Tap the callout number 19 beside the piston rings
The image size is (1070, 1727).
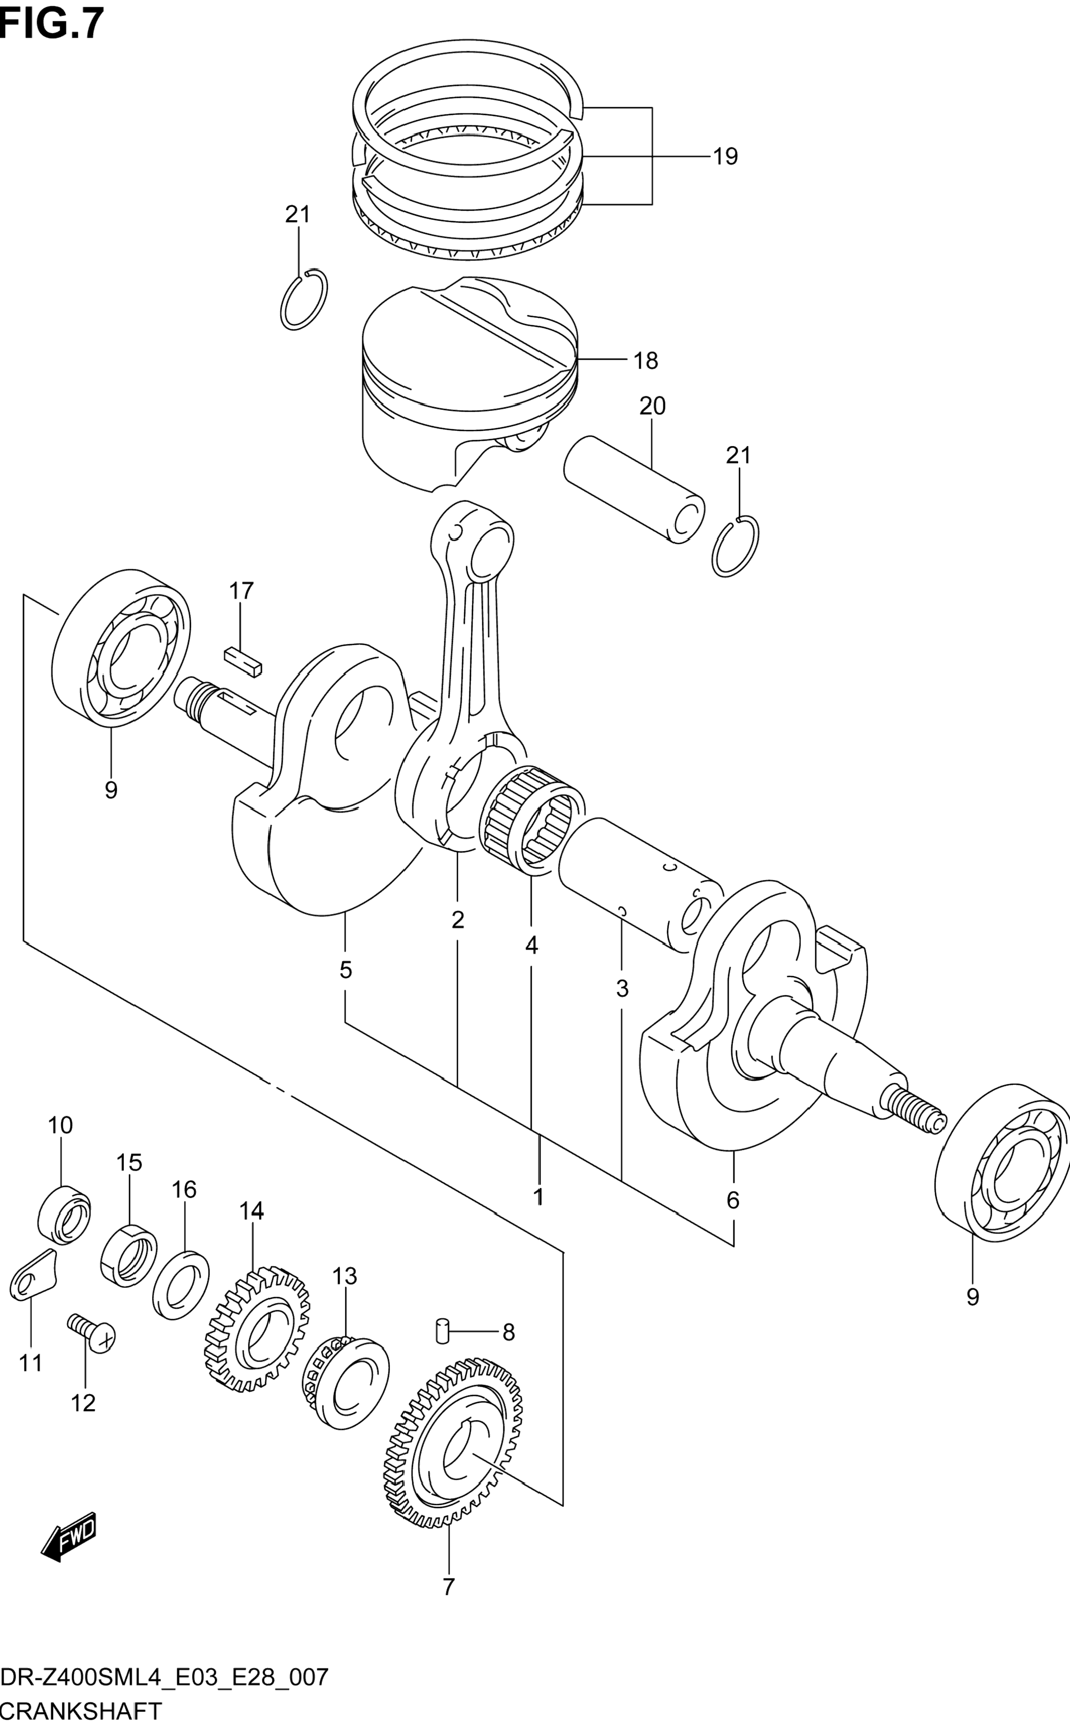(x=726, y=156)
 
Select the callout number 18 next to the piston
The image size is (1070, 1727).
(x=646, y=361)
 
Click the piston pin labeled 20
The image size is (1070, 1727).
(x=634, y=489)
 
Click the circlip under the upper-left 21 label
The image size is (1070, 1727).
(x=304, y=300)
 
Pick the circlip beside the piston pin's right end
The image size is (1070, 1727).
(x=736, y=546)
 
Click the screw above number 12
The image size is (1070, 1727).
(x=91, y=1333)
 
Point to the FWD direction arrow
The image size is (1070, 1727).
(x=68, y=1537)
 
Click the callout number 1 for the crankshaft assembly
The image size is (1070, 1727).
(x=538, y=1196)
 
